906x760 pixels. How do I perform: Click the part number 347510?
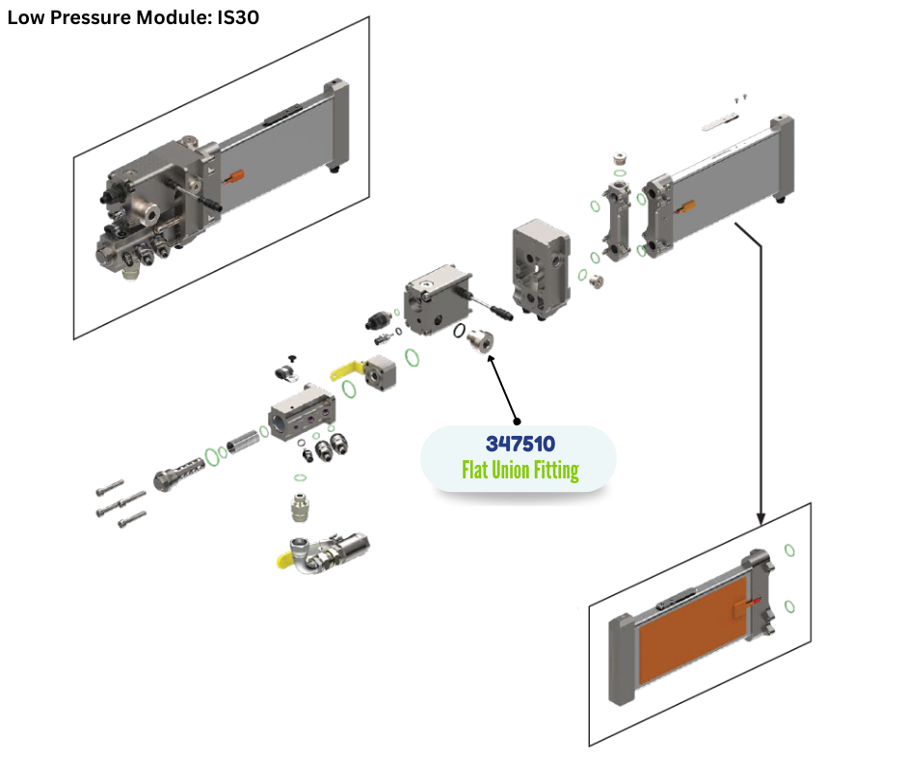point(520,446)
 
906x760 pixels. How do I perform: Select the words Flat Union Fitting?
point(520,471)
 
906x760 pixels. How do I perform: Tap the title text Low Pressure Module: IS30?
point(133,16)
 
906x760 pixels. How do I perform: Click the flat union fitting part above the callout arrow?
point(478,339)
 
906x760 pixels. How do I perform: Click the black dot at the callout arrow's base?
point(517,421)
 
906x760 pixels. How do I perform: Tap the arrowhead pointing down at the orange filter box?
point(761,520)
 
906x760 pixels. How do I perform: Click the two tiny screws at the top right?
point(738,97)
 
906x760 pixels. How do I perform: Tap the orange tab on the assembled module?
point(234,176)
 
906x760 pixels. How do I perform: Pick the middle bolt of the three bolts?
point(113,503)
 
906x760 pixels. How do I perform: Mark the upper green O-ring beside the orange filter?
point(789,551)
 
